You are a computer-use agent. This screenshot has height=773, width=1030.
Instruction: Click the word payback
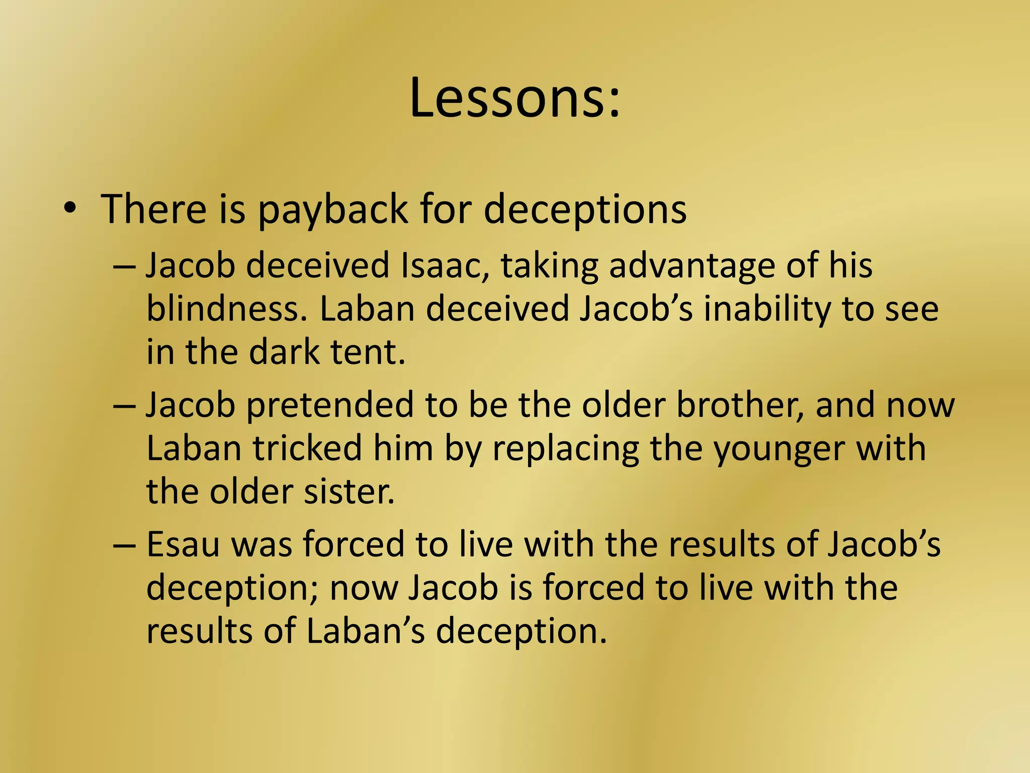coord(332,209)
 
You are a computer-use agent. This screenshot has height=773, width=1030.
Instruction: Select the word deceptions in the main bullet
coord(585,209)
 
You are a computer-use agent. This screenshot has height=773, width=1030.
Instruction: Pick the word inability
coord(767,308)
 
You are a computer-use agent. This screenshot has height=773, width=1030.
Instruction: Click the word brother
coord(740,405)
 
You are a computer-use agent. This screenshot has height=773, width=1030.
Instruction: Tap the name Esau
coord(183,545)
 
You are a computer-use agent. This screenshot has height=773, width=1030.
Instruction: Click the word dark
coord(284,352)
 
